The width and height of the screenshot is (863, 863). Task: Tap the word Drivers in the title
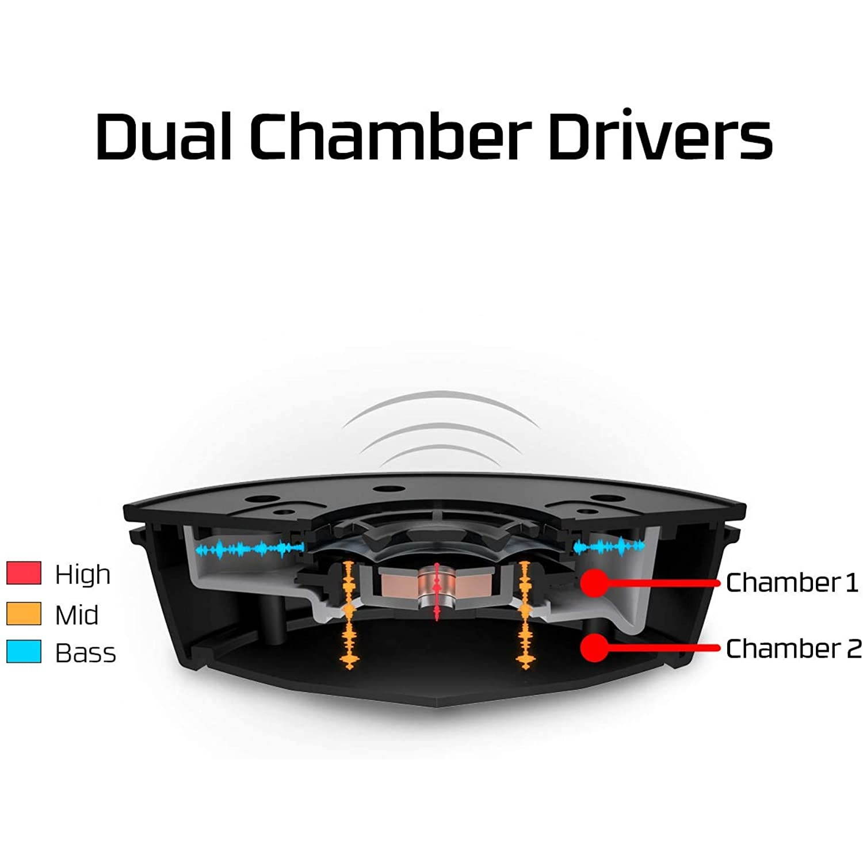[x=660, y=136]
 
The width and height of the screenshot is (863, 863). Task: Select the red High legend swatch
[x=24, y=573]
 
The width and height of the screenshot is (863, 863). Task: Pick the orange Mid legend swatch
[x=24, y=613]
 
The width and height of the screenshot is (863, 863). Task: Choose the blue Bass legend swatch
[x=24, y=652]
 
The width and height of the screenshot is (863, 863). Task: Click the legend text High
[x=82, y=574]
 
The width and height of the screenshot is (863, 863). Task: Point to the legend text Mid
[x=77, y=614]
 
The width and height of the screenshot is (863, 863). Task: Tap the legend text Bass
[x=85, y=653]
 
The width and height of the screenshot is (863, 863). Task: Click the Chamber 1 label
[x=792, y=582]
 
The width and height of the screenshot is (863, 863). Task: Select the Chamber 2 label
[x=793, y=648]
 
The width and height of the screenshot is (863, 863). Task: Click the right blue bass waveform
[x=610, y=545]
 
